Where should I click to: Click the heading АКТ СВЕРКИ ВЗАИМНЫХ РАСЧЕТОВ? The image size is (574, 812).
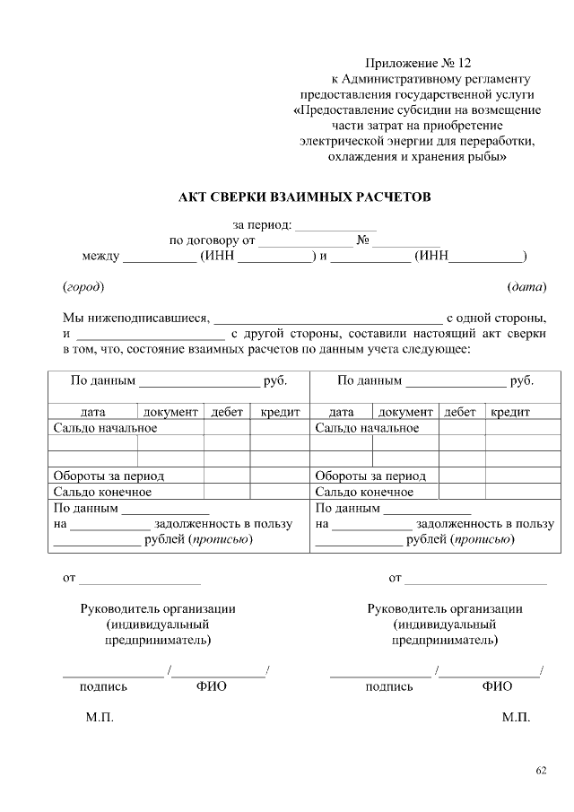click(x=305, y=196)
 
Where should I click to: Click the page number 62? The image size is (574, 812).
click(x=541, y=770)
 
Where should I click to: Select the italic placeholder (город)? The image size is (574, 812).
click(x=83, y=287)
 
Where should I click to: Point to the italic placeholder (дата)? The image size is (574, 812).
click(x=526, y=287)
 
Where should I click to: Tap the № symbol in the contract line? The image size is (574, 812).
click(x=364, y=240)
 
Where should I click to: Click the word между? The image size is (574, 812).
click(x=100, y=257)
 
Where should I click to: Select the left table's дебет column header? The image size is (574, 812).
click(x=227, y=412)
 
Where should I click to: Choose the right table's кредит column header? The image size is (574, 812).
click(x=509, y=412)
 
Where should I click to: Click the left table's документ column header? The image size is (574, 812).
click(x=170, y=412)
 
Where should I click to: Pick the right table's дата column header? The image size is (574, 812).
click(x=342, y=412)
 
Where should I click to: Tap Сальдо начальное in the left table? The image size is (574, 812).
click(x=106, y=427)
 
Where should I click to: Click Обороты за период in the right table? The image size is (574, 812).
click(x=370, y=476)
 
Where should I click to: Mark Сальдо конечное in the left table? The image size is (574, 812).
click(x=102, y=492)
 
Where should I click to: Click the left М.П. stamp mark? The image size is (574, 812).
click(x=100, y=719)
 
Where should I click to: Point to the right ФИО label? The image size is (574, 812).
click(x=497, y=686)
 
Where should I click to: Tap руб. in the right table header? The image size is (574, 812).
click(x=522, y=380)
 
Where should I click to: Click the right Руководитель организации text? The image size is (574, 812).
click(x=445, y=608)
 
